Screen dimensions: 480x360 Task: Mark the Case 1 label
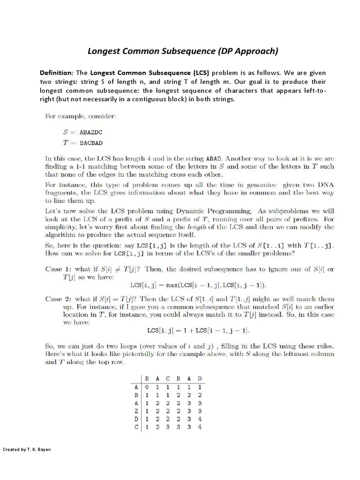coord(58,269)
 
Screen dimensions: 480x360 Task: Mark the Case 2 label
coord(58,299)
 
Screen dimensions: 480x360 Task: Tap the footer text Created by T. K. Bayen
coord(27,450)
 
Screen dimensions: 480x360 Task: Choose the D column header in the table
coord(200,379)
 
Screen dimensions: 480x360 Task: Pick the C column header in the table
coord(168,379)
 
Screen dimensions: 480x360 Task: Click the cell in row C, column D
coord(200,427)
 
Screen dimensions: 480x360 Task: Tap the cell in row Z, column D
coord(200,411)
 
